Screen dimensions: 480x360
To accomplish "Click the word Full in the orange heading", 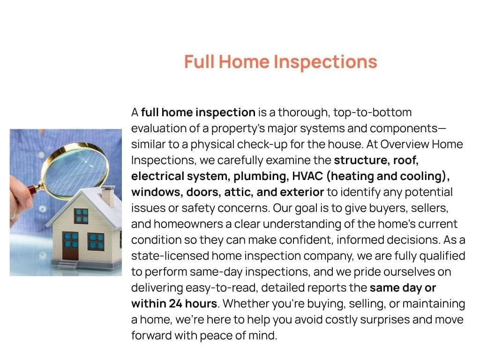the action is [199, 61].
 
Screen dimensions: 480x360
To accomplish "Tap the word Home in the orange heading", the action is [244, 61].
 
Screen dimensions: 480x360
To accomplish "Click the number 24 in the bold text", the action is [176, 304].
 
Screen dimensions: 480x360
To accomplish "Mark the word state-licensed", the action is [170, 256].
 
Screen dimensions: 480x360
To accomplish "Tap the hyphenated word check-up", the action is [262, 144].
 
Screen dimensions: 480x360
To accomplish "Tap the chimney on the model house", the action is [108, 195].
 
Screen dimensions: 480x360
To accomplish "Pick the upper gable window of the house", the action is [81, 216].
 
